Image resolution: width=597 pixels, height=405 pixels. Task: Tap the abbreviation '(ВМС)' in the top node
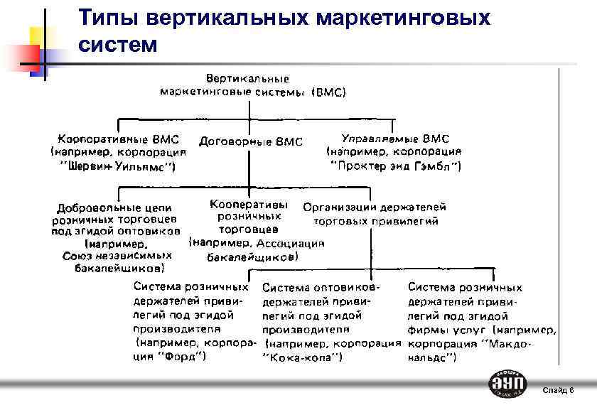(329, 92)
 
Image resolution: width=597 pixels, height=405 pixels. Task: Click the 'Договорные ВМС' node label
(251, 141)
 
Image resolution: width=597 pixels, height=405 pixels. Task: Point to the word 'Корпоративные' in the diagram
(97, 138)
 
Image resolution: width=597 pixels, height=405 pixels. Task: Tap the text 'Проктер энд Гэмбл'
(396, 166)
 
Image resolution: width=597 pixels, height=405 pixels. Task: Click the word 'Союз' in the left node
(79, 255)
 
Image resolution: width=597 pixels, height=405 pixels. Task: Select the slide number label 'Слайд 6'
(558, 390)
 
